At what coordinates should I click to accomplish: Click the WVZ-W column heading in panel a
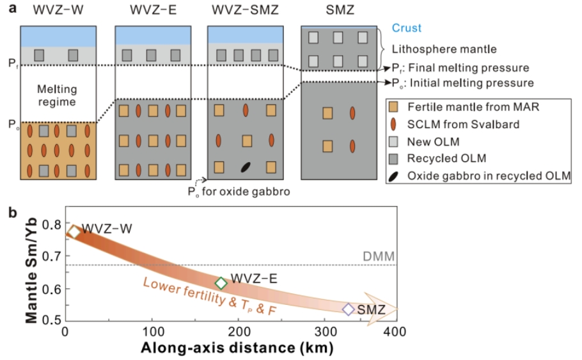(x=58, y=10)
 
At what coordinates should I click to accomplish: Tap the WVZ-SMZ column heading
(x=245, y=10)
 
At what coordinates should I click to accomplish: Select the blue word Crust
(x=406, y=28)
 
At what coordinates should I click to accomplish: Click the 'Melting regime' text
(x=57, y=95)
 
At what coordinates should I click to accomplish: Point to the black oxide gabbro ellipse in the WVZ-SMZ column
(x=246, y=167)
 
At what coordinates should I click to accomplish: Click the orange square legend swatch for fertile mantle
(x=393, y=107)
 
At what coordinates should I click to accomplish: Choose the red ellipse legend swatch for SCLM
(x=393, y=124)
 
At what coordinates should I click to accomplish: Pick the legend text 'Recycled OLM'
(x=446, y=158)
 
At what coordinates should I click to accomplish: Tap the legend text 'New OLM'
(x=433, y=142)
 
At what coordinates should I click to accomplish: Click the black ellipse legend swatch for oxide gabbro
(x=393, y=176)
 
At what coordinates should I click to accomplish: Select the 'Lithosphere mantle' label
(x=444, y=49)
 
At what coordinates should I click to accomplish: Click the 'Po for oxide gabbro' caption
(x=239, y=192)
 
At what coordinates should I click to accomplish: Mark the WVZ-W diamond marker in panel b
(x=74, y=232)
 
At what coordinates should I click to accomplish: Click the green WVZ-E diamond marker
(x=221, y=283)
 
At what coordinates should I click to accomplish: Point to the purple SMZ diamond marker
(x=349, y=309)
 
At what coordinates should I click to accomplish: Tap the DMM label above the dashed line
(x=379, y=257)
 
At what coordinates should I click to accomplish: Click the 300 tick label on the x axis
(x=325, y=331)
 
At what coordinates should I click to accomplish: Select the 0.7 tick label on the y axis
(x=52, y=256)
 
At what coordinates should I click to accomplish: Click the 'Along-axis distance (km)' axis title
(x=237, y=348)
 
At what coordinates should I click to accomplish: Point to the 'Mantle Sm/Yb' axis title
(x=31, y=270)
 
